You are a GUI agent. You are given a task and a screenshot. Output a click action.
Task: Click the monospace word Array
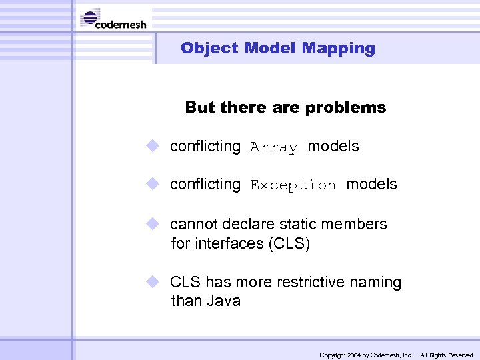[273, 147]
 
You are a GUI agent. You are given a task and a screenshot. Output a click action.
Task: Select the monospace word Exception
[293, 185]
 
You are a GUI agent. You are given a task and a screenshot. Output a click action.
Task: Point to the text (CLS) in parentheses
[289, 244]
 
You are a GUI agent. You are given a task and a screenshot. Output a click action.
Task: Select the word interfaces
[229, 244]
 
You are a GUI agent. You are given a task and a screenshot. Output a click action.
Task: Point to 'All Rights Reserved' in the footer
[446, 355]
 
